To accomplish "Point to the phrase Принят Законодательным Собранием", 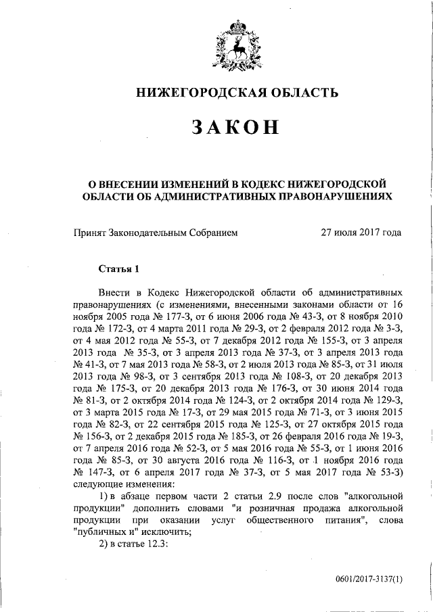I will click(156, 232).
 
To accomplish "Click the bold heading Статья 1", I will click(118, 268).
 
